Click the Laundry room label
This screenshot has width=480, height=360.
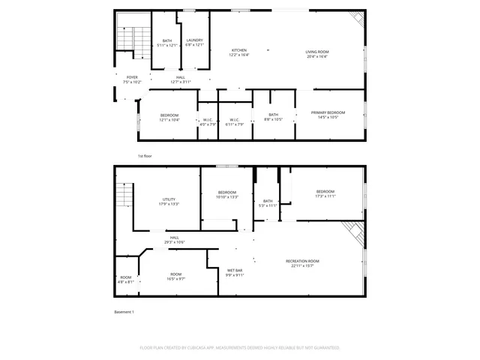(x=194, y=42)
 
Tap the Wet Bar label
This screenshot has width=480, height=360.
(x=235, y=272)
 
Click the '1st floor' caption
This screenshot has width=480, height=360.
(x=145, y=156)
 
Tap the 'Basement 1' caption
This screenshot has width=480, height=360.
(x=124, y=311)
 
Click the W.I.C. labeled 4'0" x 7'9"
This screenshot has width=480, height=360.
(x=208, y=122)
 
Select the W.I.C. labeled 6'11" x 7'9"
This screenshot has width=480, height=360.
(x=234, y=122)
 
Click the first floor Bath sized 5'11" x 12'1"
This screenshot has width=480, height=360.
(x=166, y=43)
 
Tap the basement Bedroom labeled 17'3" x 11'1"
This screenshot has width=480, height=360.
(x=325, y=193)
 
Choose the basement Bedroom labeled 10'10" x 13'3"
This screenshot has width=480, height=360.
(x=227, y=194)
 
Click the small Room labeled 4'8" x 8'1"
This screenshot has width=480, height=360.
(x=125, y=280)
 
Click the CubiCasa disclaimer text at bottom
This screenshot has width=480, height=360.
(x=240, y=348)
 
